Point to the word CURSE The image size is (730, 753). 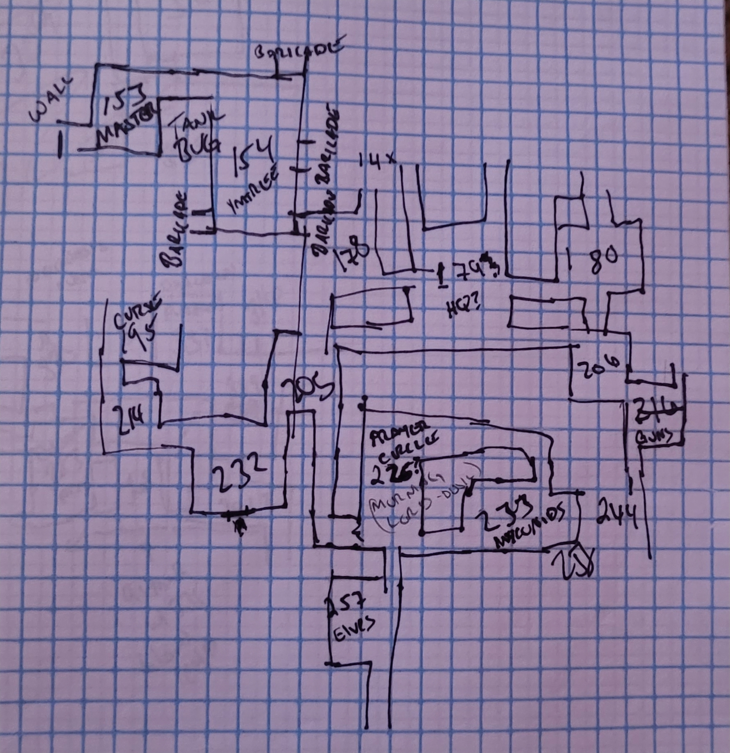click(137, 313)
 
